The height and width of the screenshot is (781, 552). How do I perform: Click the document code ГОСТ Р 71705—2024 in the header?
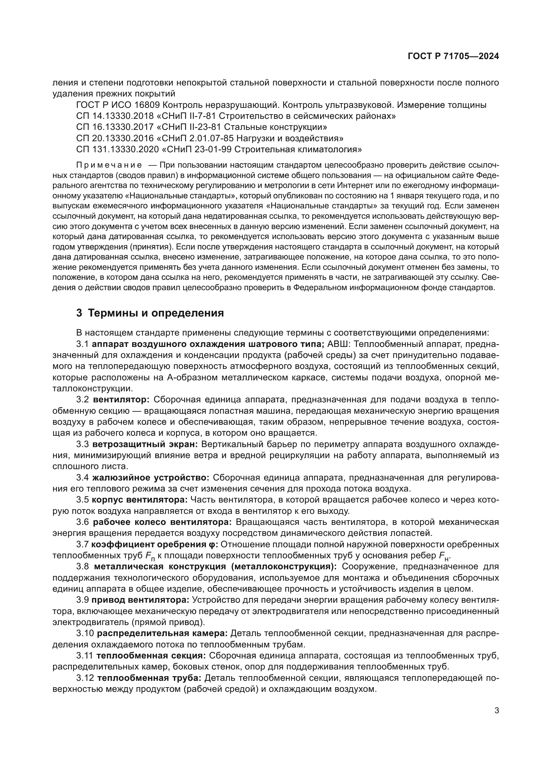pos(453,56)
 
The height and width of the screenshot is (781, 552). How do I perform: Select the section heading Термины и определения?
pos(156,313)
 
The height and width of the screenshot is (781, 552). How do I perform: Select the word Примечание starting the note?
pos(109,166)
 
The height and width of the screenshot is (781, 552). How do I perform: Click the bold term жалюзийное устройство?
pos(151,478)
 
